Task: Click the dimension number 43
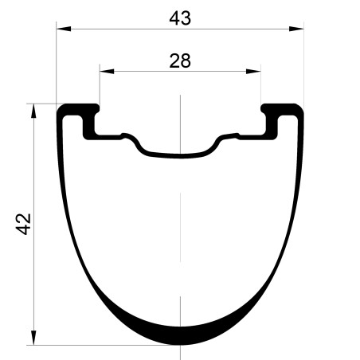(x=180, y=18)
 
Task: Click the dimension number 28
(x=180, y=61)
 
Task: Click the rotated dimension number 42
(x=24, y=224)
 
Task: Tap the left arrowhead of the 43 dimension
(x=64, y=29)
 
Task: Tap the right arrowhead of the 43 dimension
(x=296, y=29)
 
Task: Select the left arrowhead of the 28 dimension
(x=107, y=71)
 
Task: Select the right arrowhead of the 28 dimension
(x=253, y=71)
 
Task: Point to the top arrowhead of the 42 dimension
(x=33, y=111)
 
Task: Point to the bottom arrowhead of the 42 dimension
(x=33, y=338)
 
